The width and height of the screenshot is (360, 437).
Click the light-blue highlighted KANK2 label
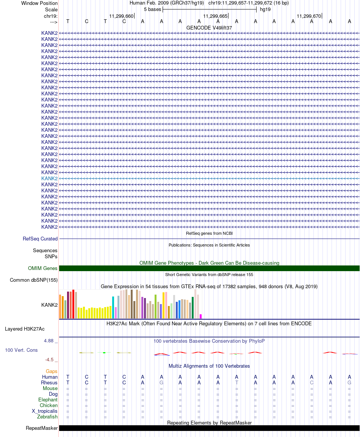[x=49, y=178]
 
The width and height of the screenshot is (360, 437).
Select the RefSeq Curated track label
[x=40, y=239]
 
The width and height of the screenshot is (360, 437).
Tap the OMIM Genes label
[x=43, y=268]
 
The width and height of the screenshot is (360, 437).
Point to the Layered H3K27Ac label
[x=25, y=329]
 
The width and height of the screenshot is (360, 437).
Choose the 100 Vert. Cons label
[x=21, y=350]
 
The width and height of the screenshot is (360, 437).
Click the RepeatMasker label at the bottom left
[x=42, y=428]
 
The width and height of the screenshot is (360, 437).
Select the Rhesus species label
[x=49, y=383]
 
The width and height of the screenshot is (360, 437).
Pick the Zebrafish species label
[x=47, y=417]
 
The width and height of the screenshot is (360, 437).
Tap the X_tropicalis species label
[x=45, y=411]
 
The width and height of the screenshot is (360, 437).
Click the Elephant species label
[x=48, y=400]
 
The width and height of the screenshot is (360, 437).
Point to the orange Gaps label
[x=52, y=371]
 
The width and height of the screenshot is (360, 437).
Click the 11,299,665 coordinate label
[x=215, y=16]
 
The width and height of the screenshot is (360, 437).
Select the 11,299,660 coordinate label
[x=121, y=16]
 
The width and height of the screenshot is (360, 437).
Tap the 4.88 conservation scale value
[x=49, y=341]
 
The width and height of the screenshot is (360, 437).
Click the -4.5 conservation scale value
[x=50, y=360]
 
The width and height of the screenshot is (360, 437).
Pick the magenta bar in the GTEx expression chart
[x=201, y=316]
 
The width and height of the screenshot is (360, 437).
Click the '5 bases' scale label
[x=152, y=9]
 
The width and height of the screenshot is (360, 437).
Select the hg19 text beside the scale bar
[x=265, y=9]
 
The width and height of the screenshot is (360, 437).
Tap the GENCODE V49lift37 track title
[x=209, y=28]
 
